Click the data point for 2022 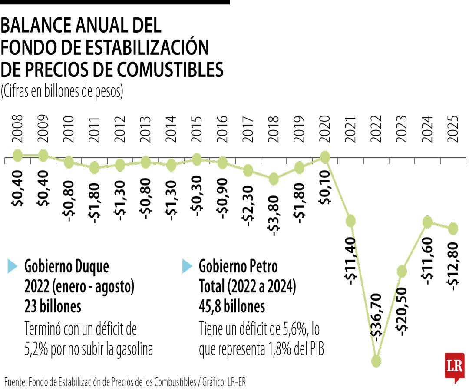coord(377,361)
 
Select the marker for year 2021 coord(351,221)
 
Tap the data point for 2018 coord(274,179)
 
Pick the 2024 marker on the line coord(428,222)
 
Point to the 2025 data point coord(453,228)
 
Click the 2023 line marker coord(402,272)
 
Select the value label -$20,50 coord(402,311)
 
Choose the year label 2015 coord(197,129)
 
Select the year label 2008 coord(17,129)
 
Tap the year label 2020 coord(325,129)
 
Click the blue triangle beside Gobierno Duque coord(13,266)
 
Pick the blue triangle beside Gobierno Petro coord(187,266)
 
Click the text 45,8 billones coord(232,307)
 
